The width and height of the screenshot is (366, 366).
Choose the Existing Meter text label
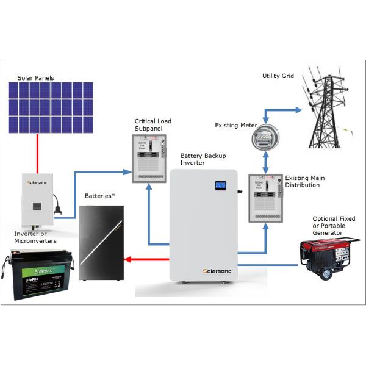(x=234, y=126)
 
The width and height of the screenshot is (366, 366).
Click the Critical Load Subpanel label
(x=153, y=125)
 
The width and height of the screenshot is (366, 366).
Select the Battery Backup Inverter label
(x=202, y=160)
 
